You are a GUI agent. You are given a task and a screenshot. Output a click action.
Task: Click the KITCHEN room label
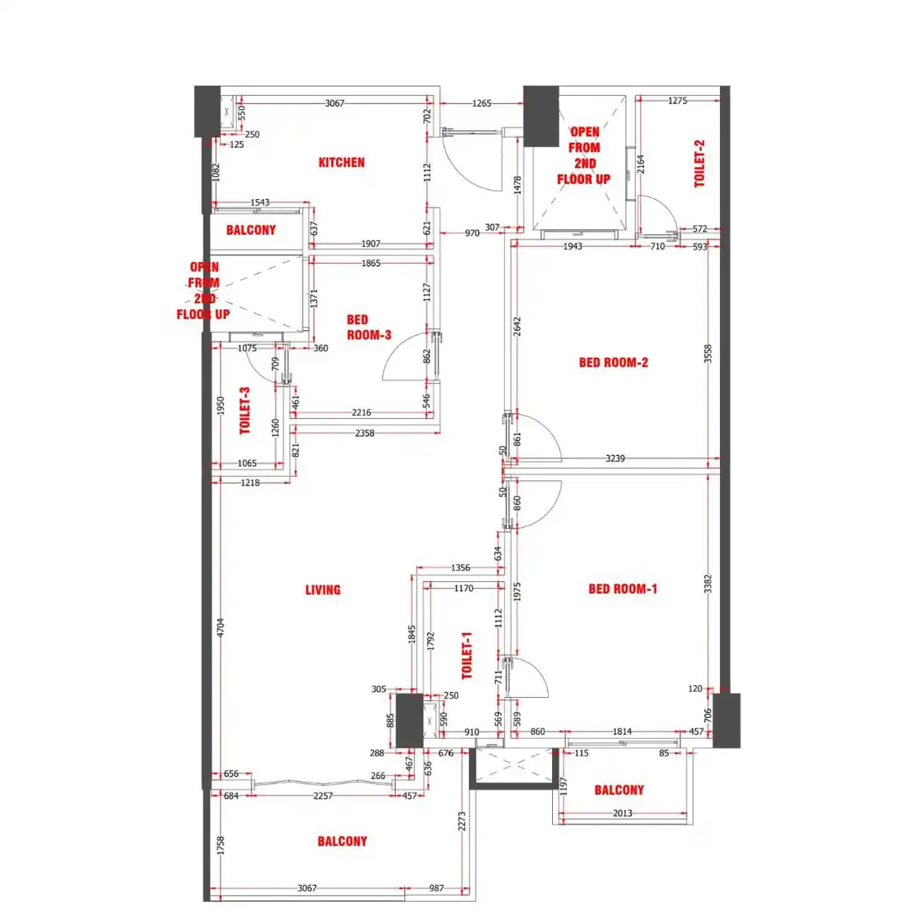click(x=341, y=162)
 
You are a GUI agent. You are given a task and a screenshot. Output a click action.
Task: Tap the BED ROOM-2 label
click(x=613, y=362)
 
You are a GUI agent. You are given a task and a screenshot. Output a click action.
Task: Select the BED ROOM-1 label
click(x=623, y=589)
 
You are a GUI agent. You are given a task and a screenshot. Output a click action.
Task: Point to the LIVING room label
click(x=323, y=589)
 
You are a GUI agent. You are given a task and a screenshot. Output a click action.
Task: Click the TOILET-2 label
click(x=699, y=164)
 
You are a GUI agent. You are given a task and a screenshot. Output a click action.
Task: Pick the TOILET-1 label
click(x=466, y=656)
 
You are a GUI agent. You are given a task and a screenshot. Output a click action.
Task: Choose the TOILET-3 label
click(x=245, y=411)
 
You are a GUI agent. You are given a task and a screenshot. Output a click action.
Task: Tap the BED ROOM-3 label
click(x=369, y=327)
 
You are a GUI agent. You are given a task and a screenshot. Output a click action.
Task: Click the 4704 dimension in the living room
click(x=221, y=627)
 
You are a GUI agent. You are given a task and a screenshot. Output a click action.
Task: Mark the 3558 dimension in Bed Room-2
click(x=707, y=354)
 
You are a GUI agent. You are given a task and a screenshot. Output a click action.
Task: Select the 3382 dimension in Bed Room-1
click(x=707, y=584)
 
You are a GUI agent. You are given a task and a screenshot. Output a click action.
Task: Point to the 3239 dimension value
click(x=615, y=458)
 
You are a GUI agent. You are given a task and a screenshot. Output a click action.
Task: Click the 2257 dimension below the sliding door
click(x=323, y=795)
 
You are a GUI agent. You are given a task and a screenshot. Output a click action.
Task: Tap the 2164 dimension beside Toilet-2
click(x=641, y=164)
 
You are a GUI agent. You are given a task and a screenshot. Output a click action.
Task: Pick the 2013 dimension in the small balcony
click(x=622, y=813)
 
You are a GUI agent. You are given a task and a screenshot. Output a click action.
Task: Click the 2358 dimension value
click(x=364, y=432)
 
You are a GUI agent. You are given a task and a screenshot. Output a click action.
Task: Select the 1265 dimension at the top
click(x=481, y=103)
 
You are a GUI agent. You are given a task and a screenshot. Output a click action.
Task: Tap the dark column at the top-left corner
click(x=208, y=111)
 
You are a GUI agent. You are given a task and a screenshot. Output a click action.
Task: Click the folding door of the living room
click(x=323, y=783)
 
